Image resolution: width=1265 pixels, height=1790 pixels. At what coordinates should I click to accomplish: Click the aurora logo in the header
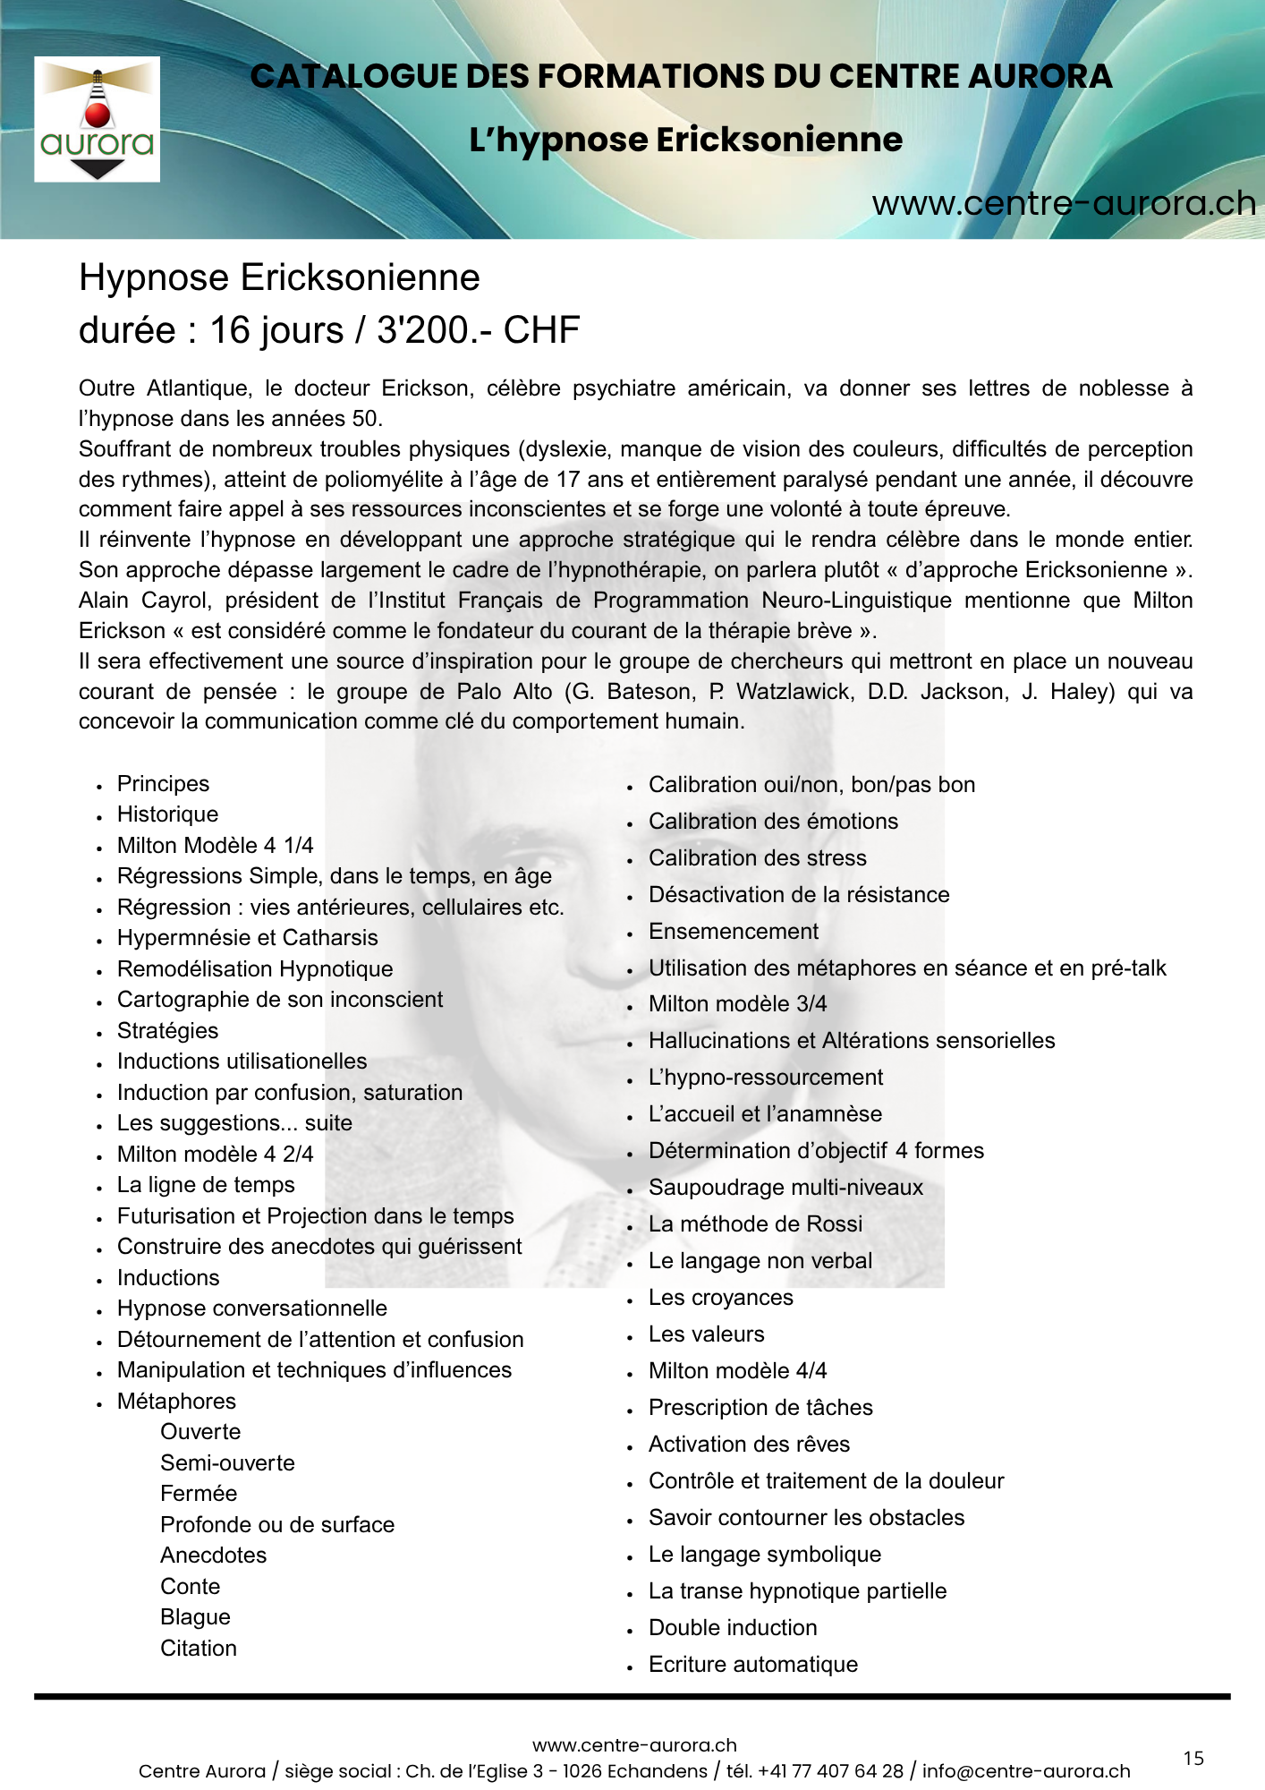coord(97,120)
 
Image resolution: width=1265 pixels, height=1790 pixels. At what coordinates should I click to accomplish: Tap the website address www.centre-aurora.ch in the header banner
coord(1064,204)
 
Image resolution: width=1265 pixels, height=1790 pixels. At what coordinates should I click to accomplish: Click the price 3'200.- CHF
coord(478,330)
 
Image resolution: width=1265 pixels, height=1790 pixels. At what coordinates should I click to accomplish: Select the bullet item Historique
coord(167,814)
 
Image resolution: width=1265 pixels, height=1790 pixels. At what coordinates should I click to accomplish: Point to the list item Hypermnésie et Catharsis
coord(247,938)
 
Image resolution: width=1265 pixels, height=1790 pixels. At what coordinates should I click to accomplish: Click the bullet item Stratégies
coord(167,1031)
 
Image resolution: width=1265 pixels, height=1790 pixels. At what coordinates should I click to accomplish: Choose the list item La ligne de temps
coord(206,1185)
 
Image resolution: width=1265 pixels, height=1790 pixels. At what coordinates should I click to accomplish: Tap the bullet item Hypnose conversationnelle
coord(251,1308)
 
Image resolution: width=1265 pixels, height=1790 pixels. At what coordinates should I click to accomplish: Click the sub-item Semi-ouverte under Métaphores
coord(227,1463)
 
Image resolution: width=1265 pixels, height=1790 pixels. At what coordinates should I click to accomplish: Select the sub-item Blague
coord(195,1617)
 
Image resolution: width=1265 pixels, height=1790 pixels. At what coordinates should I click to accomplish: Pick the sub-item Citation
coord(199,1649)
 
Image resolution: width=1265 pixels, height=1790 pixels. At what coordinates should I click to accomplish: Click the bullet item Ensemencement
coord(733,932)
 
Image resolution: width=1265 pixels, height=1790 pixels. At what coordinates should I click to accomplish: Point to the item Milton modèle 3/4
coord(737,1004)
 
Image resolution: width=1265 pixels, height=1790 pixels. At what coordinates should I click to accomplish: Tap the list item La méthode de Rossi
coord(755,1224)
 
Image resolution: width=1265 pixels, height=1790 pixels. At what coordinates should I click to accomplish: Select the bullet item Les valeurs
coord(706,1334)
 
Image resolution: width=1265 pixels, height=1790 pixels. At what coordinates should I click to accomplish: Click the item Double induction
coord(733,1628)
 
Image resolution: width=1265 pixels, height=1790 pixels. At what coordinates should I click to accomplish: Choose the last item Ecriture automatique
coord(752,1665)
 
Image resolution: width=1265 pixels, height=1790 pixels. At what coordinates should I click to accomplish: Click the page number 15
coord(1193,1759)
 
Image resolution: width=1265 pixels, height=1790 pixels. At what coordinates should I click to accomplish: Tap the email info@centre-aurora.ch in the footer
coord(1026,1771)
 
